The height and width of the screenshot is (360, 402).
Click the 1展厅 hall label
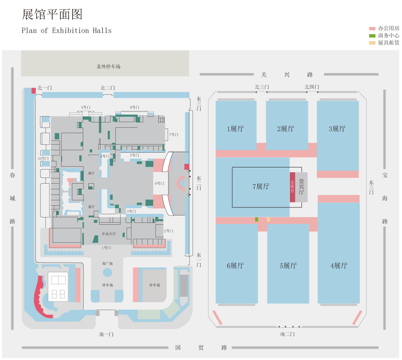[235, 129]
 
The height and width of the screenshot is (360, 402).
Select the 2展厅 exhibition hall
[285, 129]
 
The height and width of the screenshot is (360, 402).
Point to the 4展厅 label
[338, 265]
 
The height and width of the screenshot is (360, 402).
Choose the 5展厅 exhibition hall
[288, 265]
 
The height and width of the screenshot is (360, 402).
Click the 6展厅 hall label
[235, 265]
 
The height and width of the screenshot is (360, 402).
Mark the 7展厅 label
[261, 187]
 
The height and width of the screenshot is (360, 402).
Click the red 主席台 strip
[292, 187]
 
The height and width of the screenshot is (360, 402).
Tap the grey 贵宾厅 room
[301, 187]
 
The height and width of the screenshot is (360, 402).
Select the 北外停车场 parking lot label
[108, 66]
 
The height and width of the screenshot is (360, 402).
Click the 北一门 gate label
[45, 88]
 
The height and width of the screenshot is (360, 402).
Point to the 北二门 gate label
[108, 88]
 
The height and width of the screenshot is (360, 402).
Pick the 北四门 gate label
[312, 87]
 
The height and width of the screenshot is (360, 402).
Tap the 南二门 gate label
[287, 334]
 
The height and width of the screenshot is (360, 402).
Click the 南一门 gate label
[107, 334]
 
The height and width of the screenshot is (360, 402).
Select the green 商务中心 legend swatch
[372, 36]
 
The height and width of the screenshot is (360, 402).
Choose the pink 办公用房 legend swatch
[372, 29]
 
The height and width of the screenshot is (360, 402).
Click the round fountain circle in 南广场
[107, 272]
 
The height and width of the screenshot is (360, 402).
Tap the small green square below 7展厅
[256, 219]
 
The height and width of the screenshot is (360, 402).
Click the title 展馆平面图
[52, 15]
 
